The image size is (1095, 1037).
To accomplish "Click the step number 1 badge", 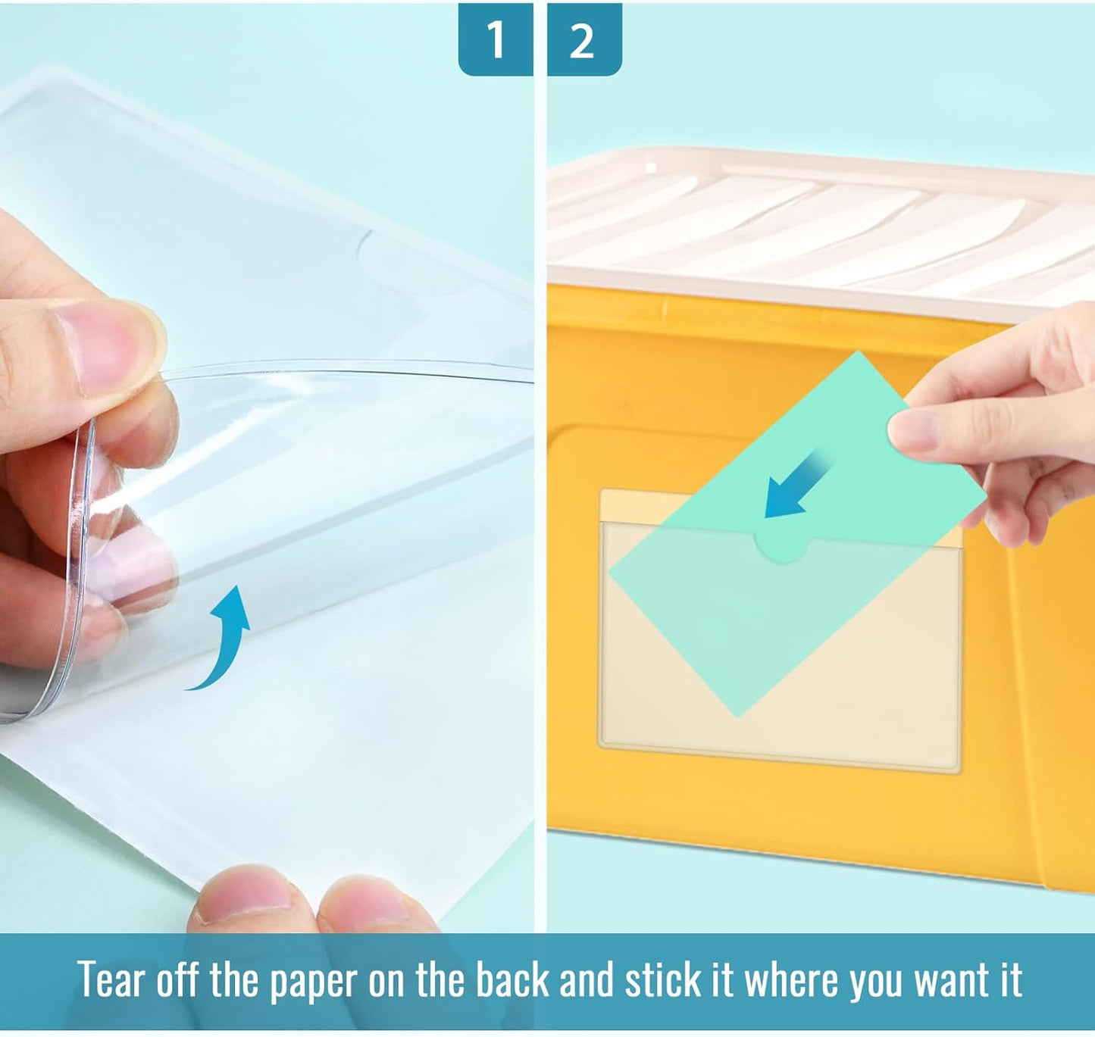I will tap(495, 39).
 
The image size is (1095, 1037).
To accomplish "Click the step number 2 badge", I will tap(582, 39).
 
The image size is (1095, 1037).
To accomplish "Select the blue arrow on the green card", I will tap(796, 486).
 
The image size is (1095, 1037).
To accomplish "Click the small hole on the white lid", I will tap(650, 167).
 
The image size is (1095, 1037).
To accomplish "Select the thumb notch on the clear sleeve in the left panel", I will tap(409, 261).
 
